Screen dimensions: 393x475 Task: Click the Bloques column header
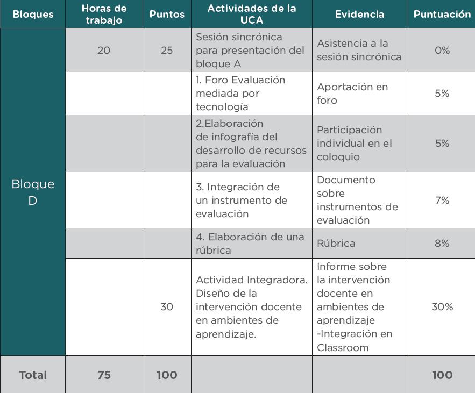point(33,15)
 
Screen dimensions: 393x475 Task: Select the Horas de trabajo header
point(104,15)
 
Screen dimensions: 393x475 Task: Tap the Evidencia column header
point(359,15)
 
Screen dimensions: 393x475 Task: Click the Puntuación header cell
point(442,15)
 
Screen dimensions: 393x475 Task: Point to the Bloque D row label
point(33,192)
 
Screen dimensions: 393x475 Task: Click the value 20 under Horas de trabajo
point(104,50)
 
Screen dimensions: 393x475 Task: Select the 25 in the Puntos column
point(167,50)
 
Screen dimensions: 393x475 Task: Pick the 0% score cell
point(442,50)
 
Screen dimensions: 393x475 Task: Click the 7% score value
point(442,200)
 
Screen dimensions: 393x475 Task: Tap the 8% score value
point(442,244)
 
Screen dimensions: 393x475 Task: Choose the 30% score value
point(442,306)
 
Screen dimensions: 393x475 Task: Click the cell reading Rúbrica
point(336,244)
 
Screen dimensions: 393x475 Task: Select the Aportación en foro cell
point(352,94)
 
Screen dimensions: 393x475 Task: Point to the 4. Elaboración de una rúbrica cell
point(250,244)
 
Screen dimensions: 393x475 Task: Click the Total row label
point(33,375)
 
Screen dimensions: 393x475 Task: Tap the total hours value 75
point(104,375)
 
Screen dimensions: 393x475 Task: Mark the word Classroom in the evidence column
point(343,347)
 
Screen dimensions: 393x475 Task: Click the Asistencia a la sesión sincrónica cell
point(359,50)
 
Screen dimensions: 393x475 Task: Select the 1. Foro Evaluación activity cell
point(240,94)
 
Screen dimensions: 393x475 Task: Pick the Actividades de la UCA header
point(251,15)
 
